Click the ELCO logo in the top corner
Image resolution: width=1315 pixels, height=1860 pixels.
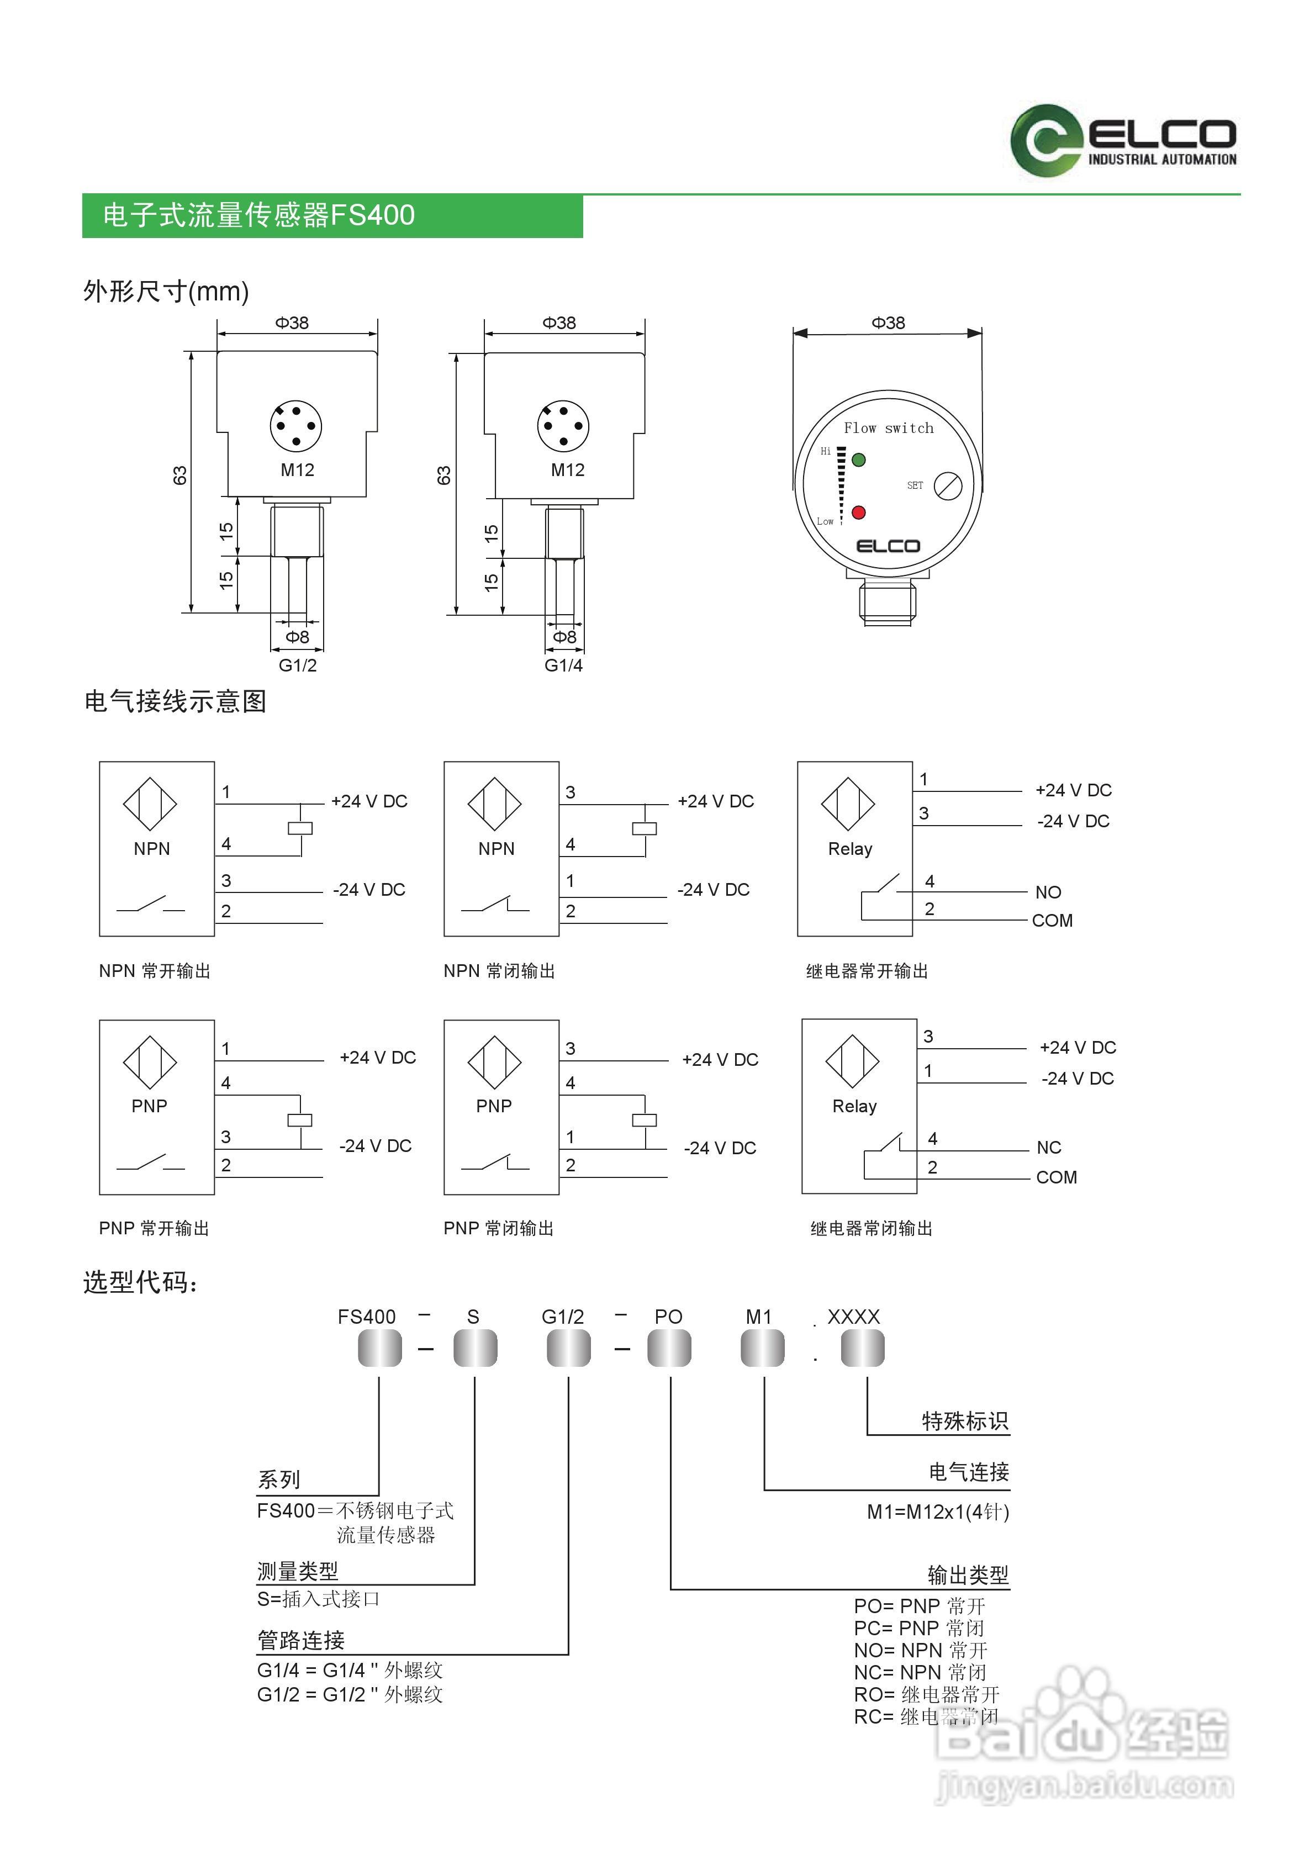tap(1123, 140)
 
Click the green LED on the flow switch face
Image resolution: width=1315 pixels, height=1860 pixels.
tap(859, 459)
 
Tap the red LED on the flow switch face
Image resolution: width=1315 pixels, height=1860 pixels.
tap(859, 512)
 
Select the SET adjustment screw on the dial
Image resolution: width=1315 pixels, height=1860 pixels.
tap(948, 486)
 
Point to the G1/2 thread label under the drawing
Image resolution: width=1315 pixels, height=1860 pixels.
tap(297, 665)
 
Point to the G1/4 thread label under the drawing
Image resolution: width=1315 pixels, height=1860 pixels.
tap(563, 665)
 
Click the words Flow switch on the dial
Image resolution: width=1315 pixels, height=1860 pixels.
tap(888, 428)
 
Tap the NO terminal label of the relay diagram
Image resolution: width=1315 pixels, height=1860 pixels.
tap(1048, 892)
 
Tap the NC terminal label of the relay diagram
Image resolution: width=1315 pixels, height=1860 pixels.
tap(1048, 1147)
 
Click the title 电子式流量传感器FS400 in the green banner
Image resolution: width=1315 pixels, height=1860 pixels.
tap(258, 215)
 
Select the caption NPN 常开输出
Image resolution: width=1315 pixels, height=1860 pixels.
tap(155, 970)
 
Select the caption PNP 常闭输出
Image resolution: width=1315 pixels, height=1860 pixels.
tap(498, 1228)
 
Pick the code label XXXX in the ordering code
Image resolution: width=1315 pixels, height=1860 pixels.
tap(853, 1317)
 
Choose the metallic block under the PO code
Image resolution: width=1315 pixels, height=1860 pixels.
tap(669, 1349)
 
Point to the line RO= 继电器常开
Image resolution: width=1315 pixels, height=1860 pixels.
tap(927, 1695)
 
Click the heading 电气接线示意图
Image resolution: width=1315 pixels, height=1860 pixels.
tap(175, 701)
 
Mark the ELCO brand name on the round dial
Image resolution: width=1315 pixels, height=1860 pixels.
tap(888, 546)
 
